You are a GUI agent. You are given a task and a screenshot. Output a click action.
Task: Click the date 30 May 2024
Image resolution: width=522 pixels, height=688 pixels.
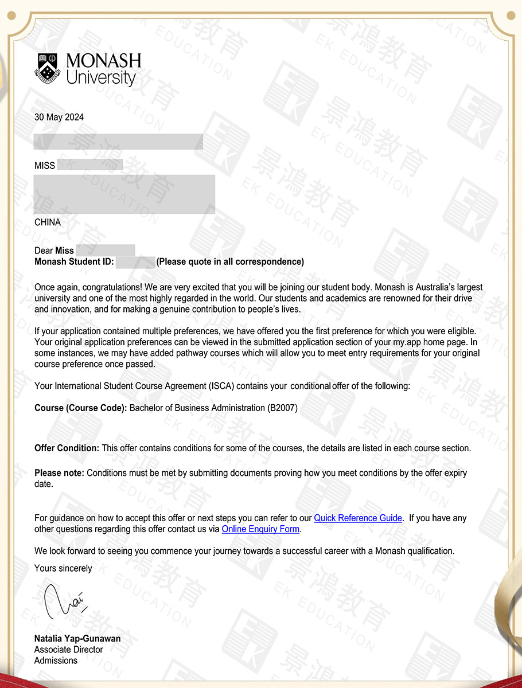(x=59, y=118)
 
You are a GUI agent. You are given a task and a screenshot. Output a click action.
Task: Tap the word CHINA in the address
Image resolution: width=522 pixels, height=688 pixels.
(x=48, y=222)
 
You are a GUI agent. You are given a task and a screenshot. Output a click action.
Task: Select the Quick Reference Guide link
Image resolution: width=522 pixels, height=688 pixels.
(x=358, y=518)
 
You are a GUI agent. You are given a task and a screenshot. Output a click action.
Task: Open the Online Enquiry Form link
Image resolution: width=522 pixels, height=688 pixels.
(x=260, y=529)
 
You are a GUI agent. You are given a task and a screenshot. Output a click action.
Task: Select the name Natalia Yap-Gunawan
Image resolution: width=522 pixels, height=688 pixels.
(x=77, y=639)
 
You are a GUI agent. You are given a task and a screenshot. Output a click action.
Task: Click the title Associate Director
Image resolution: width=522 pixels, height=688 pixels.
(x=69, y=650)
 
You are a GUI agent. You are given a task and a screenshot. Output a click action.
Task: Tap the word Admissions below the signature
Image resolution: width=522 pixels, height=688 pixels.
(x=56, y=660)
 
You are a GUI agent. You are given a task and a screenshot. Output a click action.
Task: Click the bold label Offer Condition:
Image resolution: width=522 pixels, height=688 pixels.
(x=67, y=448)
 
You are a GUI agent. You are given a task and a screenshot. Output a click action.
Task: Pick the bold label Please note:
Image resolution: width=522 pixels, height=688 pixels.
(x=59, y=474)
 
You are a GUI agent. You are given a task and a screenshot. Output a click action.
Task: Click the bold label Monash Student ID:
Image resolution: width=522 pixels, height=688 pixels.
(x=75, y=262)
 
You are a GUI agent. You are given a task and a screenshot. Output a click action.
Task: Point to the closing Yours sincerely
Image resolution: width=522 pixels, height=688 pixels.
(x=63, y=569)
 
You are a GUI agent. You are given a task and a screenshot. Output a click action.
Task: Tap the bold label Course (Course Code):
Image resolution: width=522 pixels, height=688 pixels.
(x=80, y=408)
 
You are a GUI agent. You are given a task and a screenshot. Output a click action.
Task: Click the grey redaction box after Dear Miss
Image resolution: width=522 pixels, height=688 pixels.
(x=106, y=251)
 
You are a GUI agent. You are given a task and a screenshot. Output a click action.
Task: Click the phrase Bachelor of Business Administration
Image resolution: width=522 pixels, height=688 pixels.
(x=197, y=408)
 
